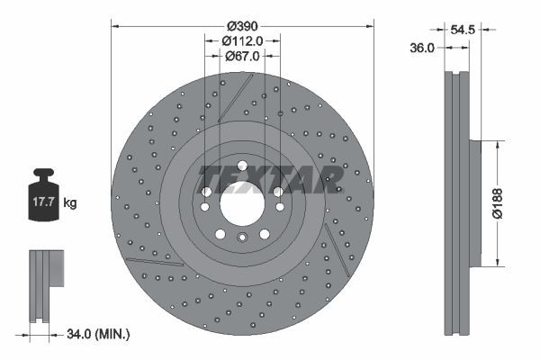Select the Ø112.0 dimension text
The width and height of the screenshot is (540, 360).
coord(241,40)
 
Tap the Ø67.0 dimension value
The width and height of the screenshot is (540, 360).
coord(241,56)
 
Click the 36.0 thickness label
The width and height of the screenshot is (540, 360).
coord(423,49)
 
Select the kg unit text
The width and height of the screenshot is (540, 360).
coord(70,203)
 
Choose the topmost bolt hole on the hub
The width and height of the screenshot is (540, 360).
coord(241,164)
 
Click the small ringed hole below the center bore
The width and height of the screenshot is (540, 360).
coord(241,238)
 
